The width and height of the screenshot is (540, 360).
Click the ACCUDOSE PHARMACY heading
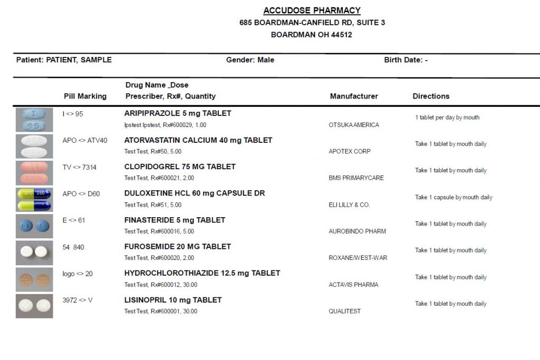tap(312, 11)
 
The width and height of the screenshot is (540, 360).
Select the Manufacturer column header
tap(354, 96)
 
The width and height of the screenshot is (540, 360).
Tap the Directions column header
tap(431, 96)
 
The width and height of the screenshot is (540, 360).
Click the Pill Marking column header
tap(85, 96)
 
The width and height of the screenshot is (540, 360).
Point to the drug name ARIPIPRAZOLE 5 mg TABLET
tap(178, 113)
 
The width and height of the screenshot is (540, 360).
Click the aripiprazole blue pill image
tap(34, 120)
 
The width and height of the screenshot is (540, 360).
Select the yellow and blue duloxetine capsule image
tap(34, 199)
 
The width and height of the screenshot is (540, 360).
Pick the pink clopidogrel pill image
tap(34, 173)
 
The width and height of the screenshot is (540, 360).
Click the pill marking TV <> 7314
tap(79, 167)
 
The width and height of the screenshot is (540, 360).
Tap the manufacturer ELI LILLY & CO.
tap(349, 205)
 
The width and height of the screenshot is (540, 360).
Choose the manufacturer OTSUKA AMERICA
tap(353, 125)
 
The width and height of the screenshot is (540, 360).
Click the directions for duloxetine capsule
tap(454, 197)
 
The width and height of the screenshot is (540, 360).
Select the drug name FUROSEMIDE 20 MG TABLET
tap(178, 247)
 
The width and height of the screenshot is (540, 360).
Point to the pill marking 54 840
tap(73, 247)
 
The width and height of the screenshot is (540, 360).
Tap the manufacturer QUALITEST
tap(344, 311)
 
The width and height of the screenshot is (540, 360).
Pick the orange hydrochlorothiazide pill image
tap(34, 279)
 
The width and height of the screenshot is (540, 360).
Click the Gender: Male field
tap(250, 60)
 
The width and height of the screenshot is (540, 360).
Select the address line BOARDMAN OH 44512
tap(311, 35)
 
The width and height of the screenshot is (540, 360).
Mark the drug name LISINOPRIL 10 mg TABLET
tap(173, 300)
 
